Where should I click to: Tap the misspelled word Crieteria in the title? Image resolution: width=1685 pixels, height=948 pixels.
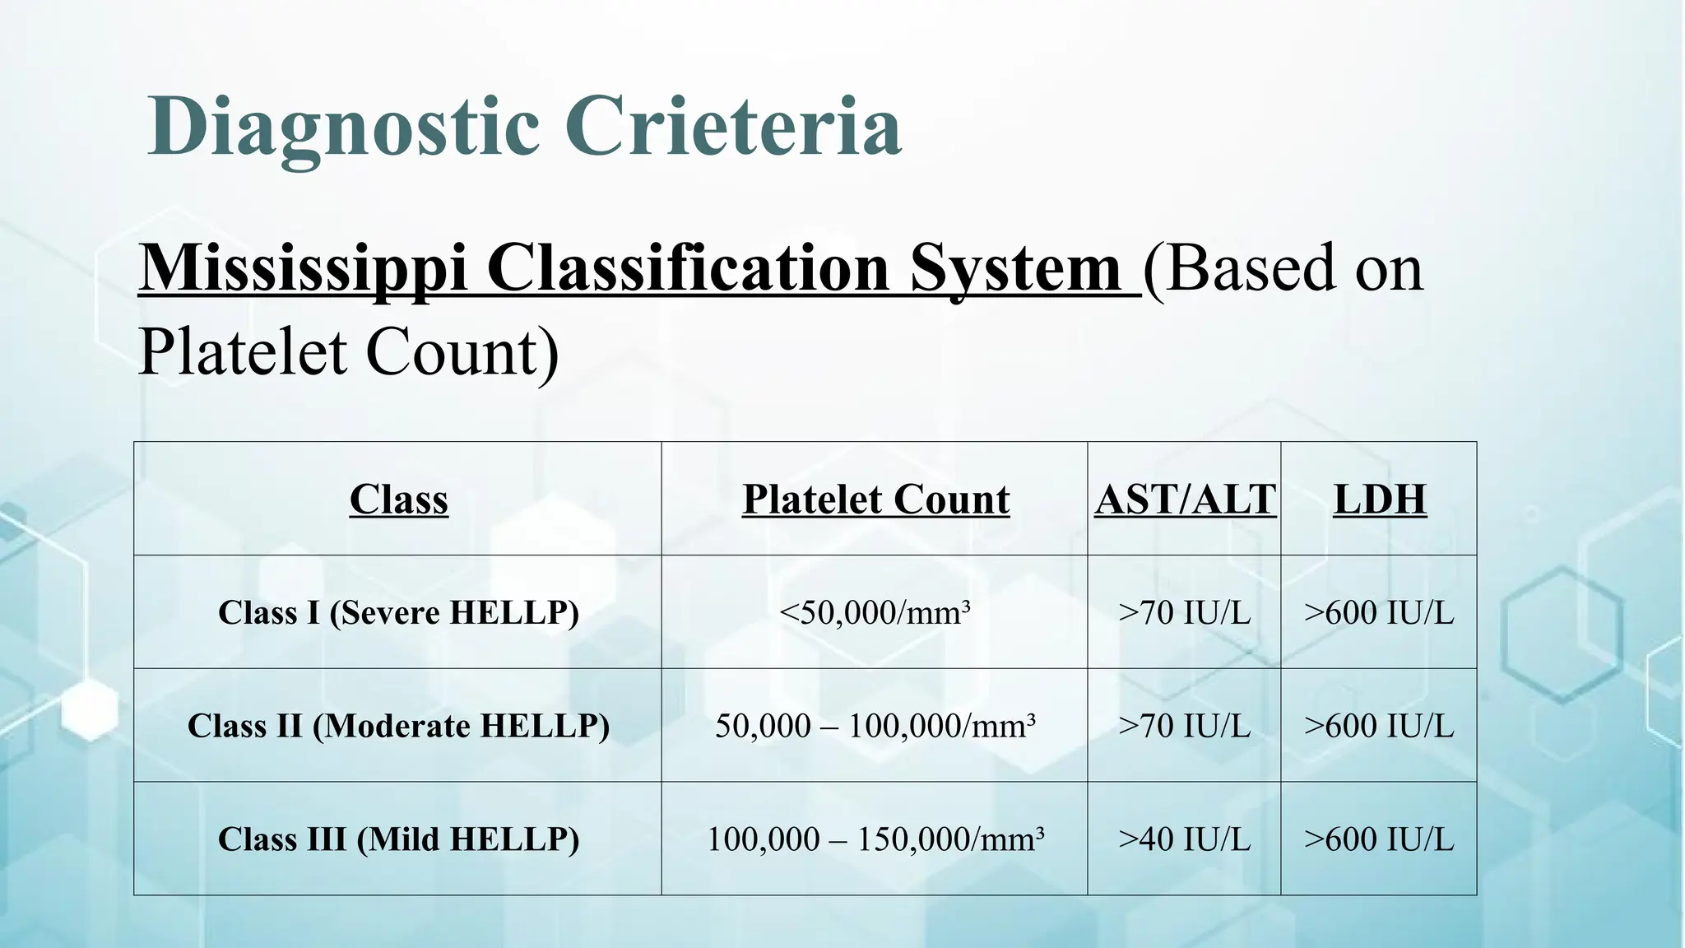[732, 127]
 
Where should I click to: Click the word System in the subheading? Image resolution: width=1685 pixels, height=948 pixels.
[1015, 269]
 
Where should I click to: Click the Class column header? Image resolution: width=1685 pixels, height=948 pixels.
[399, 499]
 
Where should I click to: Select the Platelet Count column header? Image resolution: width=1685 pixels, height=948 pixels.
[875, 499]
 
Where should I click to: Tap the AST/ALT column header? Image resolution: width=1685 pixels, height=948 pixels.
[1185, 499]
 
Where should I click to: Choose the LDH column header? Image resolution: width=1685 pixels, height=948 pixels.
[1380, 499]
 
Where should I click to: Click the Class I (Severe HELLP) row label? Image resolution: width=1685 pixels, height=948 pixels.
[399, 612]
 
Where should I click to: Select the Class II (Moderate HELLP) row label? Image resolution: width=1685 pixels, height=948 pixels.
[399, 726]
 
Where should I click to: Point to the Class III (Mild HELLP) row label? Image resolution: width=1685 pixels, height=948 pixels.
[399, 839]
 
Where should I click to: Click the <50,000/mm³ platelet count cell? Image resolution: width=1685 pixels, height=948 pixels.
[875, 612]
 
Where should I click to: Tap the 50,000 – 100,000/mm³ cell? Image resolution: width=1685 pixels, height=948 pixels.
[875, 726]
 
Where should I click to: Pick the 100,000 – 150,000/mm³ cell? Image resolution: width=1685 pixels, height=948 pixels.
[875, 839]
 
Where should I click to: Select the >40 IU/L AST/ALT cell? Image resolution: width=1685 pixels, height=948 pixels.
[1184, 839]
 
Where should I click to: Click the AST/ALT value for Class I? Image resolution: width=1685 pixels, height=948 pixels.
[1184, 612]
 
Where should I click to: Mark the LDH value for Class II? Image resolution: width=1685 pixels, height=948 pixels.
[1379, 726]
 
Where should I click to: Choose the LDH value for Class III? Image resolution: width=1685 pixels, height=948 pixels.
[1379, 839]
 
